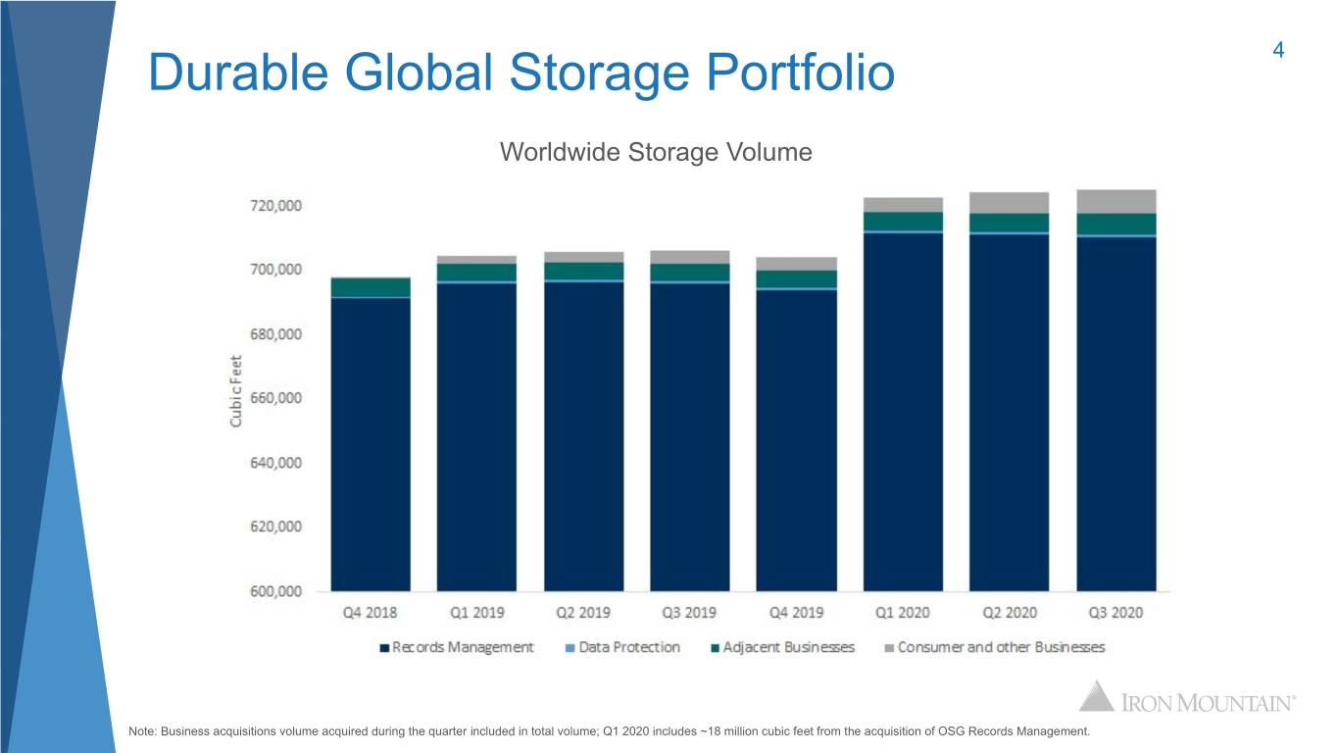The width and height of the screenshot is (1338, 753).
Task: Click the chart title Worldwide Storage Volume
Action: point(656,152)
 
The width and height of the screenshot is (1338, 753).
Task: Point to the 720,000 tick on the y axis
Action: point(276,206)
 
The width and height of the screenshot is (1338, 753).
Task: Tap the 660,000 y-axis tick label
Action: point(276,398)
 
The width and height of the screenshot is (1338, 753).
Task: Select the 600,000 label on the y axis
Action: point(276,591)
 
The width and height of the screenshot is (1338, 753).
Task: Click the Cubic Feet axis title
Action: point(236,391)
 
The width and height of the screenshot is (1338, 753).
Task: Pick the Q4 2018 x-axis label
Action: point(370,613)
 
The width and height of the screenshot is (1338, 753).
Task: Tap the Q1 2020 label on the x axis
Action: point(903,613)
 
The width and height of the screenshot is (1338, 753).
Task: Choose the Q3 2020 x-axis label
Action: point(1115,613)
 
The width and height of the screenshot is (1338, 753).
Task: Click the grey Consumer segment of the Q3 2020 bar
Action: point(1116,201)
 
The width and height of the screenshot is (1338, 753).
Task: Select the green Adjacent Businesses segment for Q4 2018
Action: point(371,287)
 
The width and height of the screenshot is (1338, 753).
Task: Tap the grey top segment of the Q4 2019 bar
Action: point(796,264)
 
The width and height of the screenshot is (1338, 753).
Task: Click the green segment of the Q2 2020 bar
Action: point(1009,223)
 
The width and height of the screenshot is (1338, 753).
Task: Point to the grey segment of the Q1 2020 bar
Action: point(903,204)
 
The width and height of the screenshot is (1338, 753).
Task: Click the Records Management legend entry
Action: point(457,647)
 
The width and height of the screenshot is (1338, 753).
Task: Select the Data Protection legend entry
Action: point(622,647)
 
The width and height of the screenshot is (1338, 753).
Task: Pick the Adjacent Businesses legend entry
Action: point(782,647)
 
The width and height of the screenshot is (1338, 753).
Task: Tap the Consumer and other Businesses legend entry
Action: point(995,647)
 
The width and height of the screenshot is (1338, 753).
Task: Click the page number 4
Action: point(1278,50)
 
